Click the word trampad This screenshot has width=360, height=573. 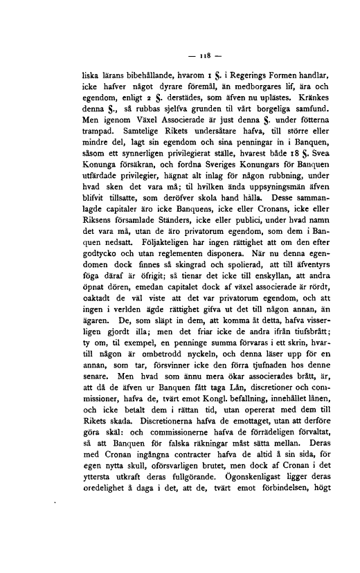(97, 129)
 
